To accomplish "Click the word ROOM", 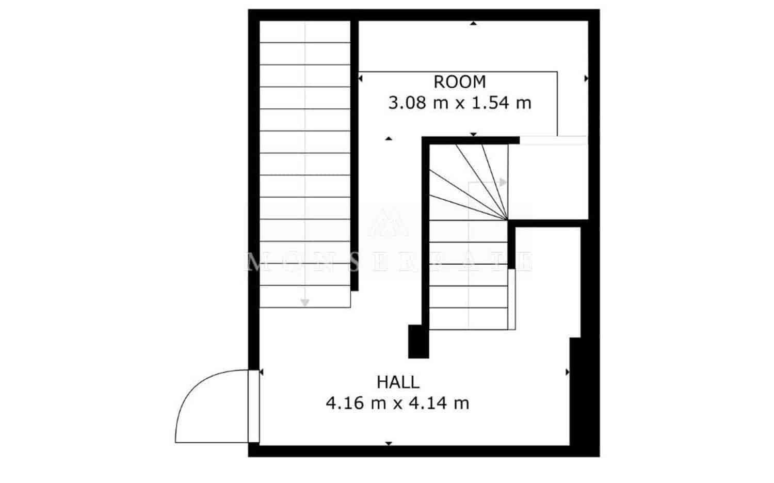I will pyautogui.click(x=459, y=82).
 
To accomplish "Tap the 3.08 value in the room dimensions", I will pyautogui.click(x=408, y=103).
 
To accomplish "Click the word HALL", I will pyautogui.click(x=398, y=382).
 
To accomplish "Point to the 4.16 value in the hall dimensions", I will pyautogui.click(x=345, y=403).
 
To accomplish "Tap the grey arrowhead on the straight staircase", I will pyautogui.click(x=305, y=302).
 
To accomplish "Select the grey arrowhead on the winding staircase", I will pyautogui.click(x=503, y=182).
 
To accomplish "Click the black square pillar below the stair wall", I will pyautogui.click(x=418, y=341).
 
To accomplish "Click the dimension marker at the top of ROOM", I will pyautogui.click(x=474, y=23).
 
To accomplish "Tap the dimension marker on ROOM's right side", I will pyautogui.click(x=586, y=78).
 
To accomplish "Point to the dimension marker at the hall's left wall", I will pyautogui.click(x=262, y=372).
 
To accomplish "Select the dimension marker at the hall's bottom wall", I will pyautogui.click(x=389, y=443).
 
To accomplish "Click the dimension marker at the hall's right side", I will pyautogui.click(x=568, y=372).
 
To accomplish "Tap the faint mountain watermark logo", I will pyautogui.click(x=388, y=222).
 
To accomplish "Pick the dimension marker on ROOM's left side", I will pyautogui.click(x=361, y=78).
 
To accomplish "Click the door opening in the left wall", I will pyautogui.click(x=253, y=406).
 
